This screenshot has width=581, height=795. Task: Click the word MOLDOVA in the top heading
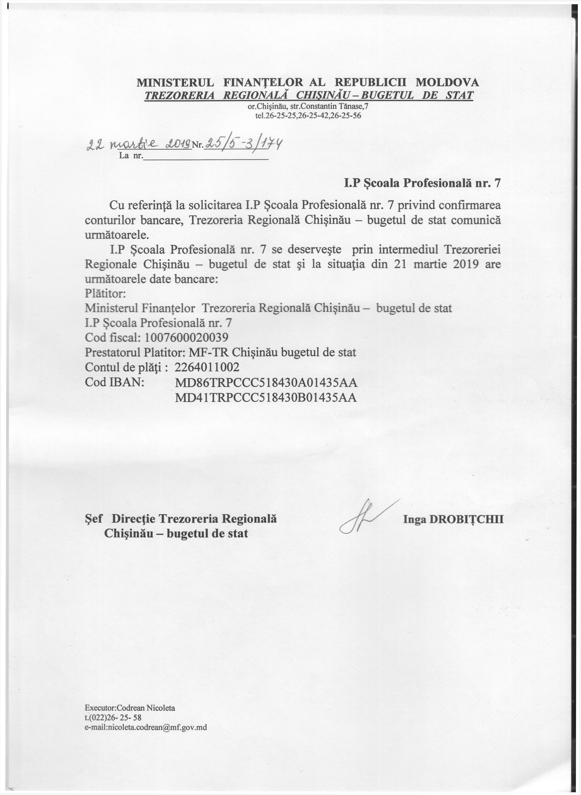pos(447,82)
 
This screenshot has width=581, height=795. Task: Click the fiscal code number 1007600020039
pos(186,338)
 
